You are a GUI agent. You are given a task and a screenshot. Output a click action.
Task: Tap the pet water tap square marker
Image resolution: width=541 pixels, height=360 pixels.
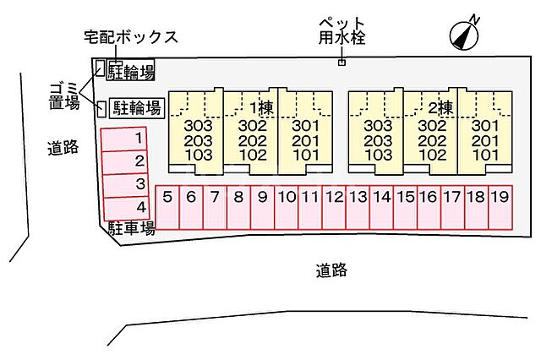tap(342, 62)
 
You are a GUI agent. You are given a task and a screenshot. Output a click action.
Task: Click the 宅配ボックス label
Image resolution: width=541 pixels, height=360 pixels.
tap(131, 37)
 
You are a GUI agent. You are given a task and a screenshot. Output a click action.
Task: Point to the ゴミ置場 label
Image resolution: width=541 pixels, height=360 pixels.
tap(62, 93)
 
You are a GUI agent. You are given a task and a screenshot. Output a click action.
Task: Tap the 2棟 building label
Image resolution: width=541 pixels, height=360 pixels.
tap(440, 108)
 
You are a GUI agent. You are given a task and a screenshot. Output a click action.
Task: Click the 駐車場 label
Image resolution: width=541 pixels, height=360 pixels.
tap(130, 228)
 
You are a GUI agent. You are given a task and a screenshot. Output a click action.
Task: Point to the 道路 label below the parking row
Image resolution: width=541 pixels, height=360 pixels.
tap(332, 270)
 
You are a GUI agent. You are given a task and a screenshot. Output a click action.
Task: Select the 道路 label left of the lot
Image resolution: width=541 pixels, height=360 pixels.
tap(63, 149)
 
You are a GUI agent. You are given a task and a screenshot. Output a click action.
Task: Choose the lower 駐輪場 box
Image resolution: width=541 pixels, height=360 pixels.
tap(137, 107)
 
